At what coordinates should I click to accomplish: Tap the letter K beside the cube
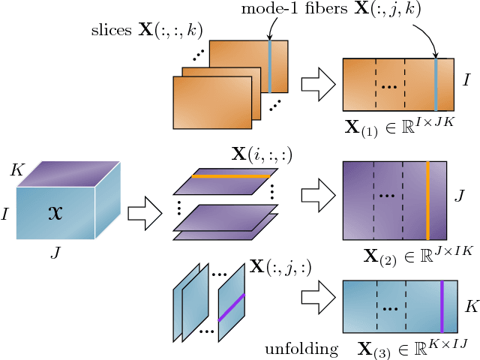[x=17, y=170]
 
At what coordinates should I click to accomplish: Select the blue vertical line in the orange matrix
[x=436, y=84]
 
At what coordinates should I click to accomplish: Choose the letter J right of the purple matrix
[x=460, y=197]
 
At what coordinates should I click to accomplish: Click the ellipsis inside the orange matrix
[x=389, y=86]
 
